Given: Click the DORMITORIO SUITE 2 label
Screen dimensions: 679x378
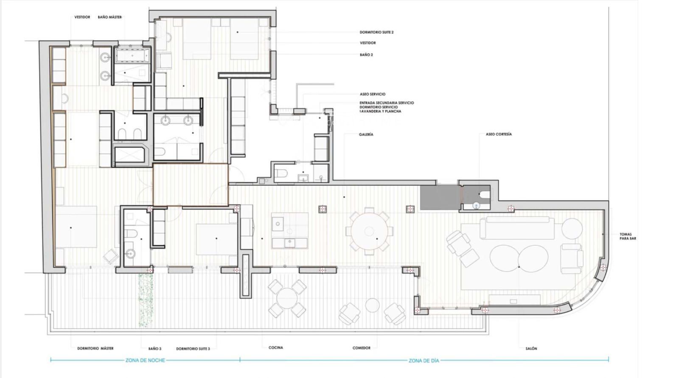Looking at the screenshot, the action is point(376,32).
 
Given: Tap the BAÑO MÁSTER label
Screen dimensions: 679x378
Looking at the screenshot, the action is point(110,17).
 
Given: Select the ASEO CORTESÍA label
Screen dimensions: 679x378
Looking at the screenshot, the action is point(499,134).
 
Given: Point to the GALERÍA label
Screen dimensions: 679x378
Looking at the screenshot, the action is point(366,134).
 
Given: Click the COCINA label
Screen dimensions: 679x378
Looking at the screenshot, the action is point(276,348).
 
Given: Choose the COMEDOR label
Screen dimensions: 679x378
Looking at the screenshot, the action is point(361,348).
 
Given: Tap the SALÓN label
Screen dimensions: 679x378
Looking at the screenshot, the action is point(531,349).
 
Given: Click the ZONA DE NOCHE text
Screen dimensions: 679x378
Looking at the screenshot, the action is point(145,361).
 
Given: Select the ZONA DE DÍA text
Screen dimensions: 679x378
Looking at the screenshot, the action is point(424,361).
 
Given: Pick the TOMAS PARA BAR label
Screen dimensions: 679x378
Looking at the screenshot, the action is point(628,236).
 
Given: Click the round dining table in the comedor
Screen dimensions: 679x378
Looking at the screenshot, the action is point(369,232).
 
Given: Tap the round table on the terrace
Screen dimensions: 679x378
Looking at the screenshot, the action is point(286,298).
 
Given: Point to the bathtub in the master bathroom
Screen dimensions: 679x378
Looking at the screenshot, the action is point(132,56).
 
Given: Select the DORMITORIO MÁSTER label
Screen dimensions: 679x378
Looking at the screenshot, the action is point(95,349).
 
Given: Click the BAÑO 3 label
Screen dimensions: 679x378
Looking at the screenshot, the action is point(155,349).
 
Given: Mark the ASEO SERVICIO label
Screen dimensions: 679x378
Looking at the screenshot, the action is point(373,94).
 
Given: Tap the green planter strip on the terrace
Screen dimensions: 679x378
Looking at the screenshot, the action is point(146,300).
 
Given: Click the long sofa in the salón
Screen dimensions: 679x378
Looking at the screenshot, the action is point(517,227).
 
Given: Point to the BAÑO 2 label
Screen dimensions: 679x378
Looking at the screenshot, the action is point(366,55).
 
